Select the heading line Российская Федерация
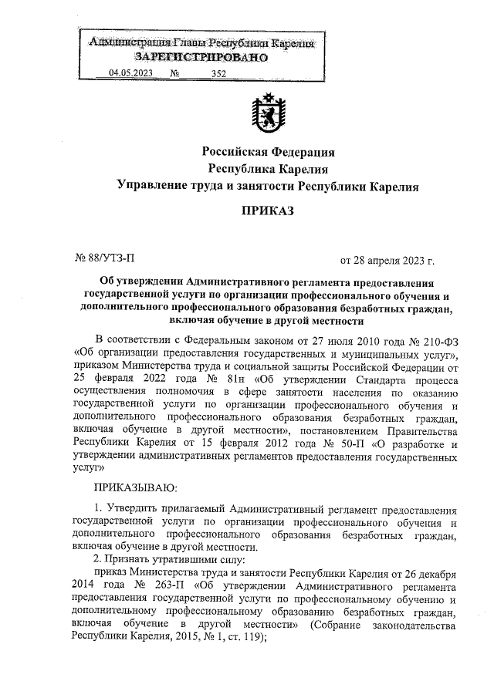(268, 151)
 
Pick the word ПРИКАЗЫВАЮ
(136, 487)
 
